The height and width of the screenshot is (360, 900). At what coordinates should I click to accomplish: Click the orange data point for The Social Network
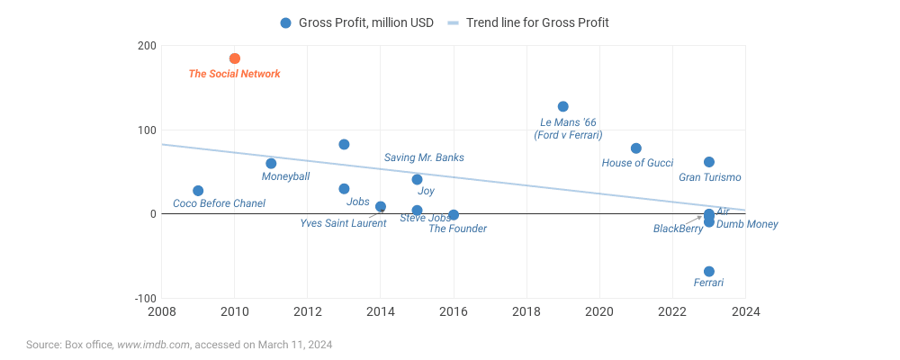[x=235, y=58]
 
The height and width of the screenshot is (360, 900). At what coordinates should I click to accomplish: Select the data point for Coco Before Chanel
[x=198, y=191]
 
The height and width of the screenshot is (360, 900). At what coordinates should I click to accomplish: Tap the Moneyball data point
[x=271, y=164]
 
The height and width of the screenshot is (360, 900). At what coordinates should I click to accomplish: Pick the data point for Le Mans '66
[x=563, y=106]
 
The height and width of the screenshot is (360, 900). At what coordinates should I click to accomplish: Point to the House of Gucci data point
[x=636, y=148]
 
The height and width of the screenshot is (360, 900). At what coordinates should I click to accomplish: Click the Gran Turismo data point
[x=709, y=162]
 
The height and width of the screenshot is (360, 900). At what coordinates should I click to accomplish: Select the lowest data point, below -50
[x=709, y=272]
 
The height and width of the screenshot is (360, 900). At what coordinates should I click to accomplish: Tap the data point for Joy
[x=417, y=180]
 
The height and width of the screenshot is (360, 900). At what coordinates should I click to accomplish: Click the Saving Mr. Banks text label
[x=424, y=157]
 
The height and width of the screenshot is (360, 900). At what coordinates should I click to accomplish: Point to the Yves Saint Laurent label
[x=343, y=223]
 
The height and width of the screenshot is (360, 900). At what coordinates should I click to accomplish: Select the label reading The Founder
[x=457, y=229]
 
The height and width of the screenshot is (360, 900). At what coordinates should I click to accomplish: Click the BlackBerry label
[x=678, y=229]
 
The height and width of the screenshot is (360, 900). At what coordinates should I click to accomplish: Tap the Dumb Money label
[x=747, y=224]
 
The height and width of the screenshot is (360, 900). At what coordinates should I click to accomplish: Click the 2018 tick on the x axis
[x=526, y=311]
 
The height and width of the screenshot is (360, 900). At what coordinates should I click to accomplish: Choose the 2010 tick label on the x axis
[x=235, y=311]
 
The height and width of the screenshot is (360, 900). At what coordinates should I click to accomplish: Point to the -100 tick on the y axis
[x=144, y=298]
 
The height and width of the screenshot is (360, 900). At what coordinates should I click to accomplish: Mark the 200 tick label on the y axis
[x=147, y=46]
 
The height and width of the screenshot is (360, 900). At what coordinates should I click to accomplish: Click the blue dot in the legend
[x=286, y=22]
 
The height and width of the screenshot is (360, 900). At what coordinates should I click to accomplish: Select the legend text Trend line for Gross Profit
[x=537, y=22]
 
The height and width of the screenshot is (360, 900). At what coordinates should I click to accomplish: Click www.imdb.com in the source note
[x=154, y=344]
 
